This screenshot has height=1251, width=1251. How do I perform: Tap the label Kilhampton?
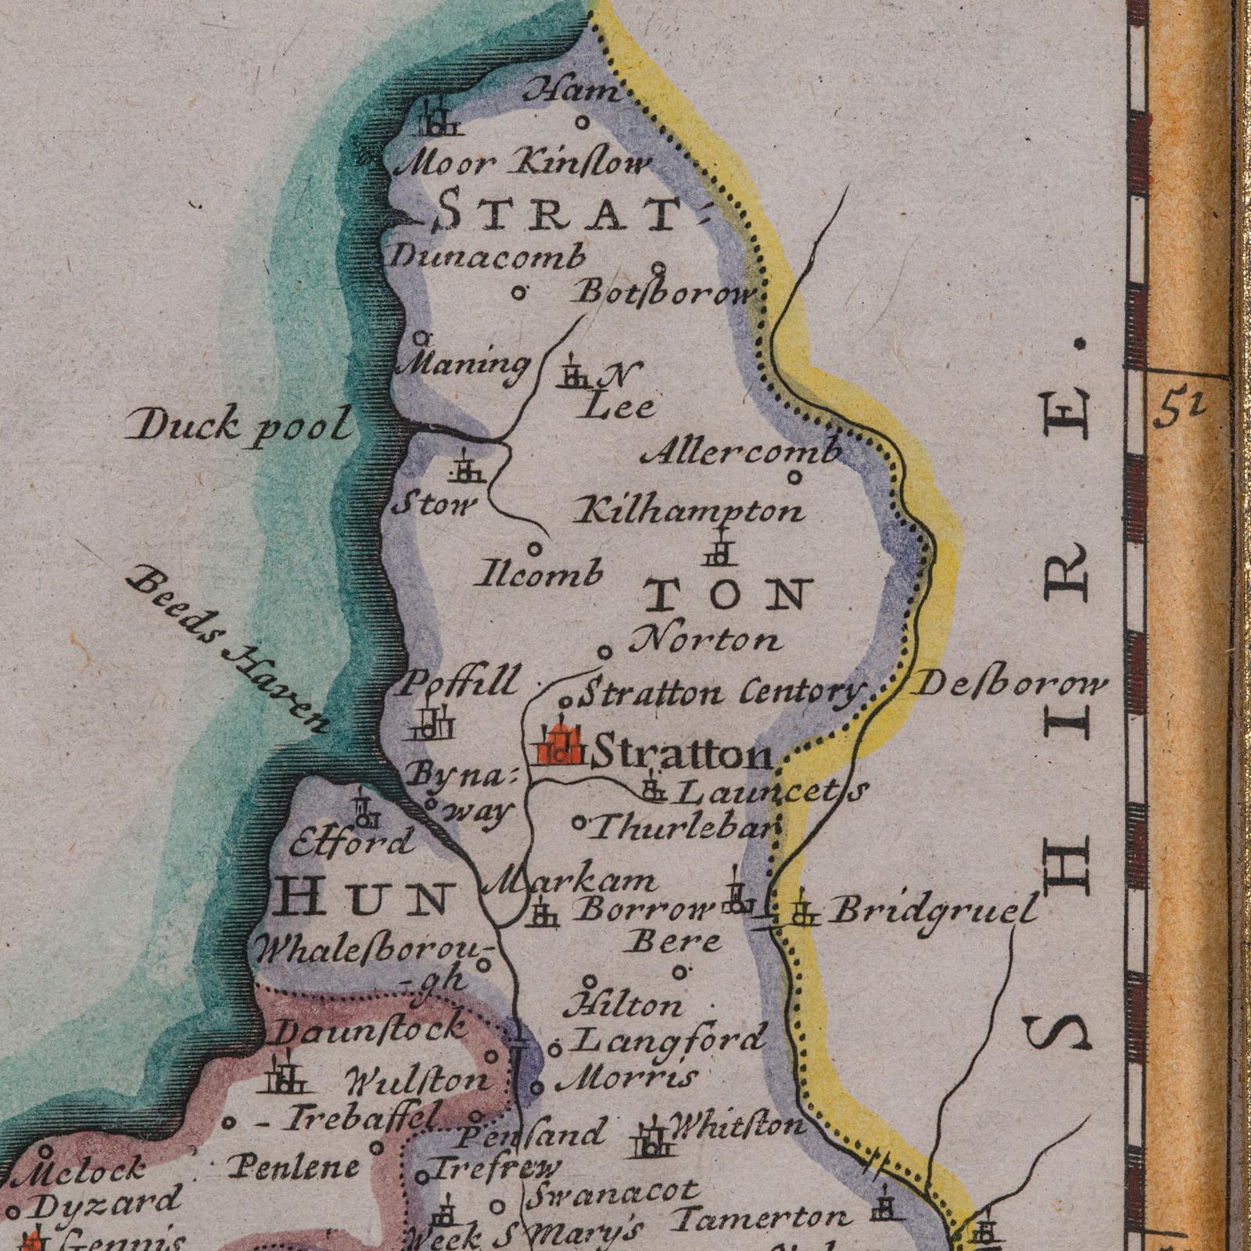pos(688,512)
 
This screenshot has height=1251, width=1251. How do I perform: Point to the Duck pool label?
pos(239,427)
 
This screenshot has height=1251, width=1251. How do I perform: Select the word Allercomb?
pos(744,452)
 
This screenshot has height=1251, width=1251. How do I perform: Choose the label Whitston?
pos(737,1126)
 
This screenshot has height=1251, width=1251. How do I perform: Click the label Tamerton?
pos(762,1217)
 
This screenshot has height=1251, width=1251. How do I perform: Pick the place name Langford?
pos(669,1041)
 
